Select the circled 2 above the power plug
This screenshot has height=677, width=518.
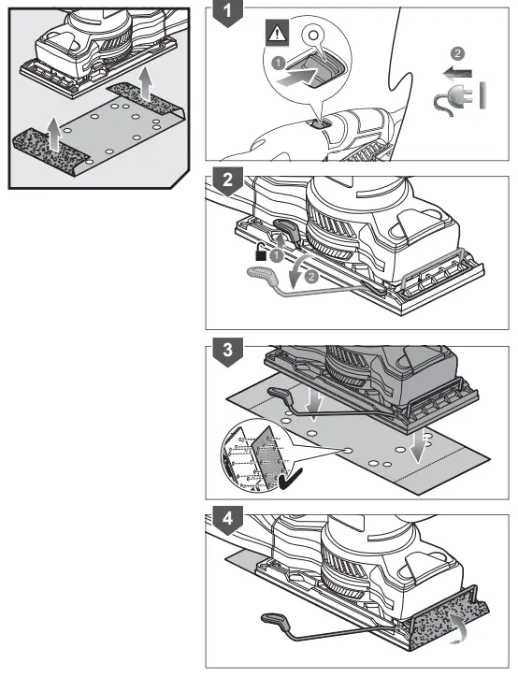[456, 52]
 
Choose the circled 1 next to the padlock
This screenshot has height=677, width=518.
[277, 253]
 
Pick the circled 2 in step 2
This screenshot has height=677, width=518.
[310, 276]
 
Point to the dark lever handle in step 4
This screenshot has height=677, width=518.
[271, 620]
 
